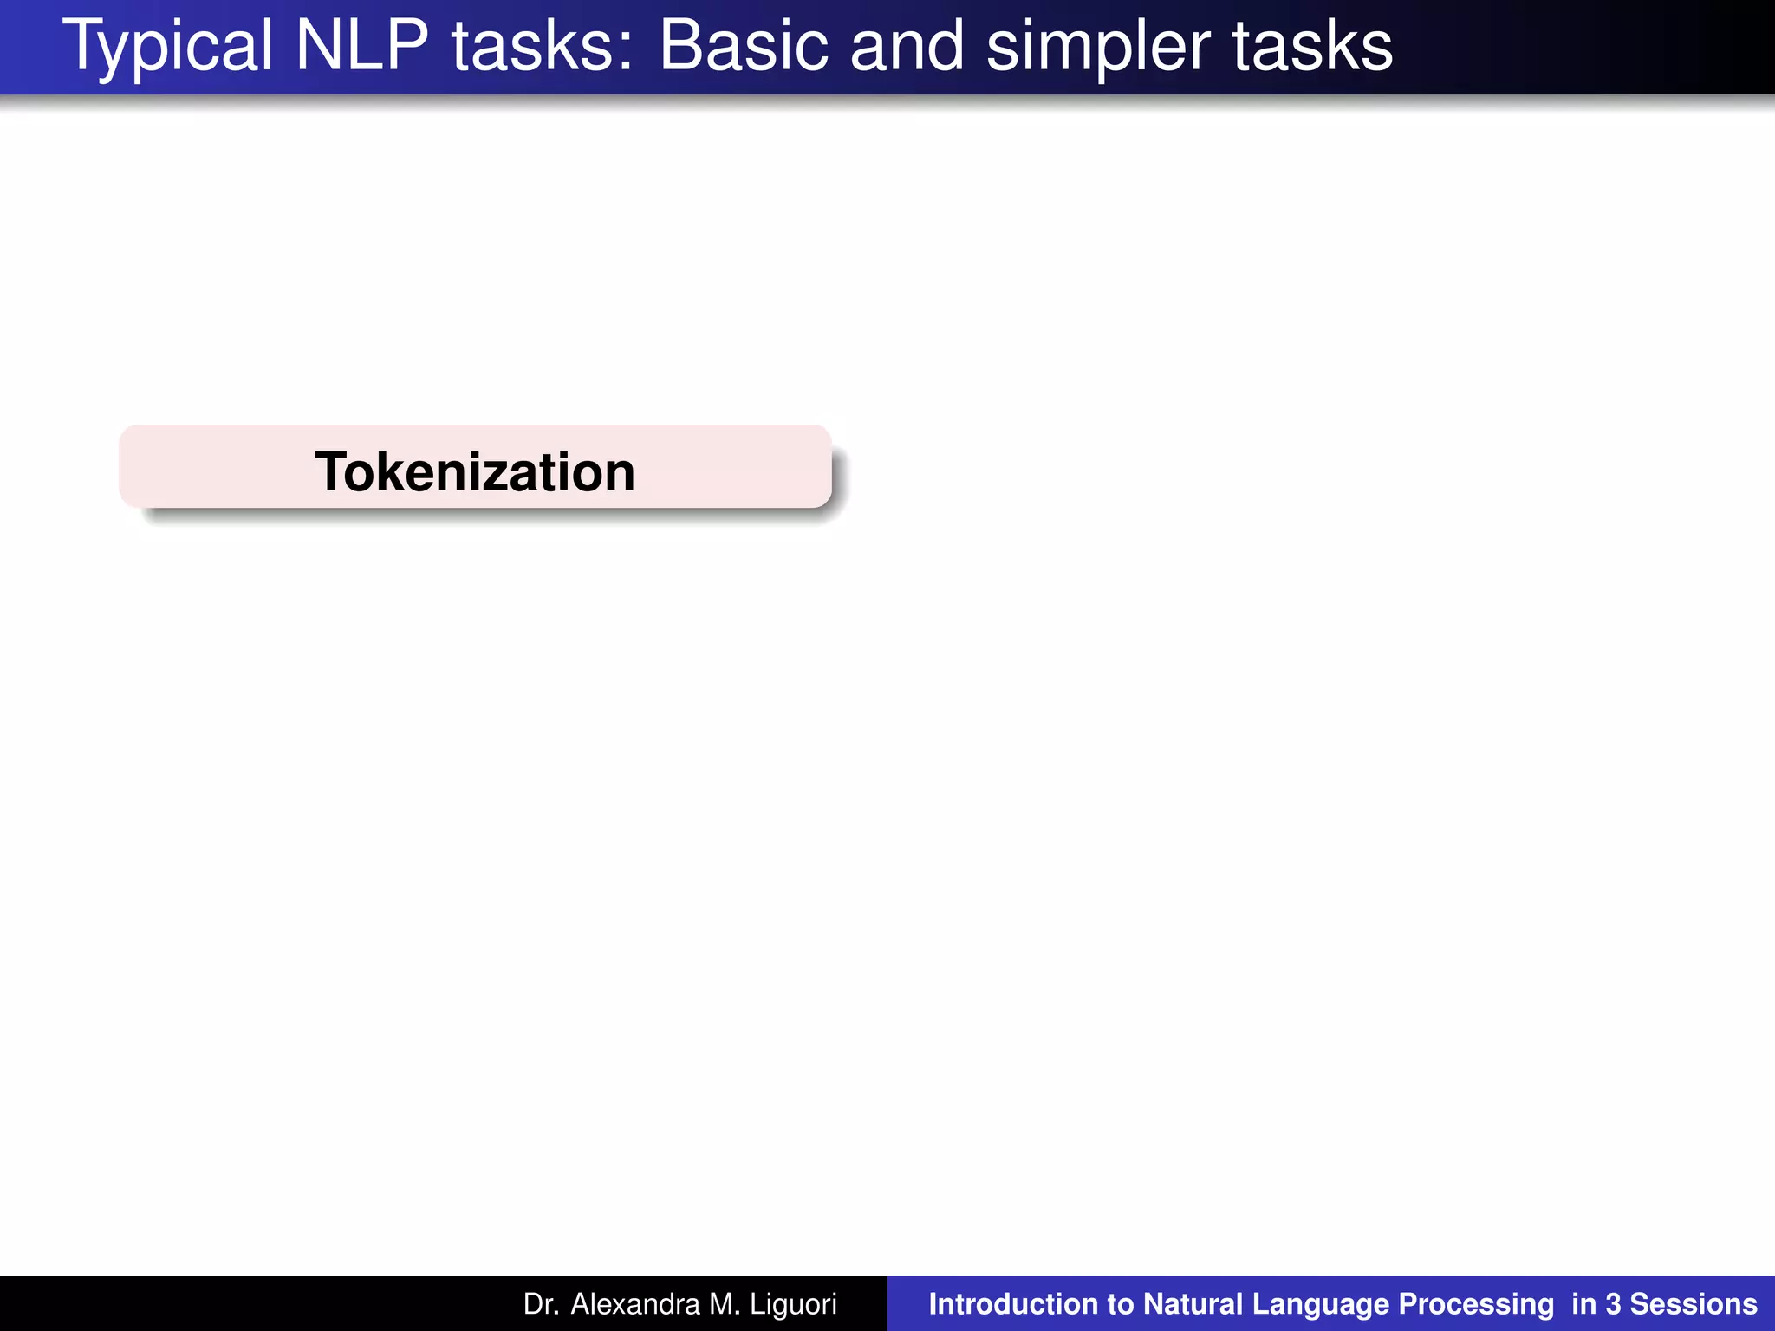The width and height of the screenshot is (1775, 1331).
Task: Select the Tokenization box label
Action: [475, 471]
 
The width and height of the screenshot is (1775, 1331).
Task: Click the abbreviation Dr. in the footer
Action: [541, 1304]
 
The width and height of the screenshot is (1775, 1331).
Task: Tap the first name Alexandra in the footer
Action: [635, 1304]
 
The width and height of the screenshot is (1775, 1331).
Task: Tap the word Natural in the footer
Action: [1193, 1304]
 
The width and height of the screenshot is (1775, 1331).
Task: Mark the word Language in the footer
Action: [1321, 1304]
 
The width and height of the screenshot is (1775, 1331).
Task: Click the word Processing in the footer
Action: [1477, 1304]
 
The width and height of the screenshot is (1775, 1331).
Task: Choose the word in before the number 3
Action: [1583, 1304]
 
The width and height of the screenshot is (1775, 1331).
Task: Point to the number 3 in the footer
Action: [1613, 1304]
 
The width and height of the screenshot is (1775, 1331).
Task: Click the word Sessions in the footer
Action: [1694, 1304]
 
